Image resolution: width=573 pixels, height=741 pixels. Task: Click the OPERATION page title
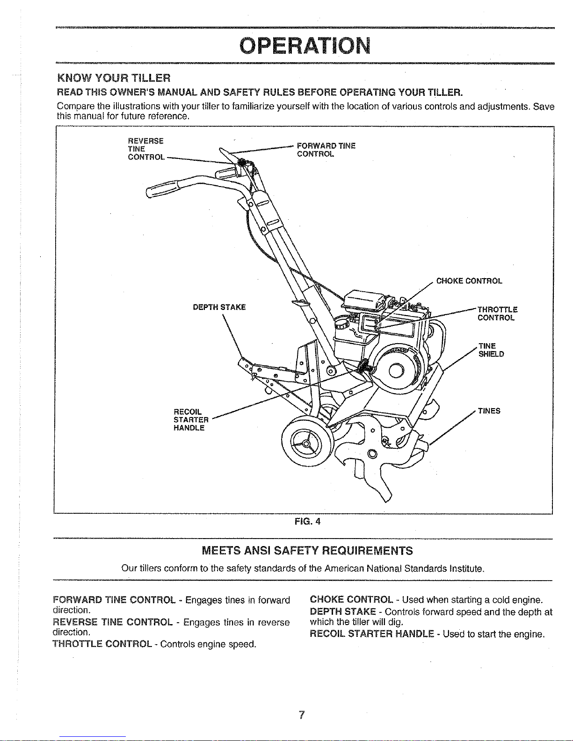(x=305, y=45)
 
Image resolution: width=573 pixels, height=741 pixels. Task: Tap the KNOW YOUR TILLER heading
(x=113, y=77)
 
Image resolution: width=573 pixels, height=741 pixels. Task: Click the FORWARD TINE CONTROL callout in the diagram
(x=326, y=150)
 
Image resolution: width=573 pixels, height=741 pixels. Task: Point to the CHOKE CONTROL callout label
(x=469, y=281)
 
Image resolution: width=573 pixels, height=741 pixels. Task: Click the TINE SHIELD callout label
(x=491, y=350)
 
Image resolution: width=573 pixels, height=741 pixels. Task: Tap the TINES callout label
(x=489, y=411)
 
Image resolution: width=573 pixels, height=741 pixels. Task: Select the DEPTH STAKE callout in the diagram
(x=219, y=307)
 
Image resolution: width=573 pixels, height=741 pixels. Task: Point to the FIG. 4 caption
(x=307, y=521)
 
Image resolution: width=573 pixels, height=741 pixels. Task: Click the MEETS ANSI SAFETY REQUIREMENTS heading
(x=307, y=550)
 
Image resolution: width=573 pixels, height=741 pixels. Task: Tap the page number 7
(x=302, y=715)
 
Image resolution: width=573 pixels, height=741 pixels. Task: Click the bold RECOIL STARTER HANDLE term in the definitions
(x=374, y=634)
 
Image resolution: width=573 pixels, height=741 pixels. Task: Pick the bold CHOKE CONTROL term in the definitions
(x=351, y=600)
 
